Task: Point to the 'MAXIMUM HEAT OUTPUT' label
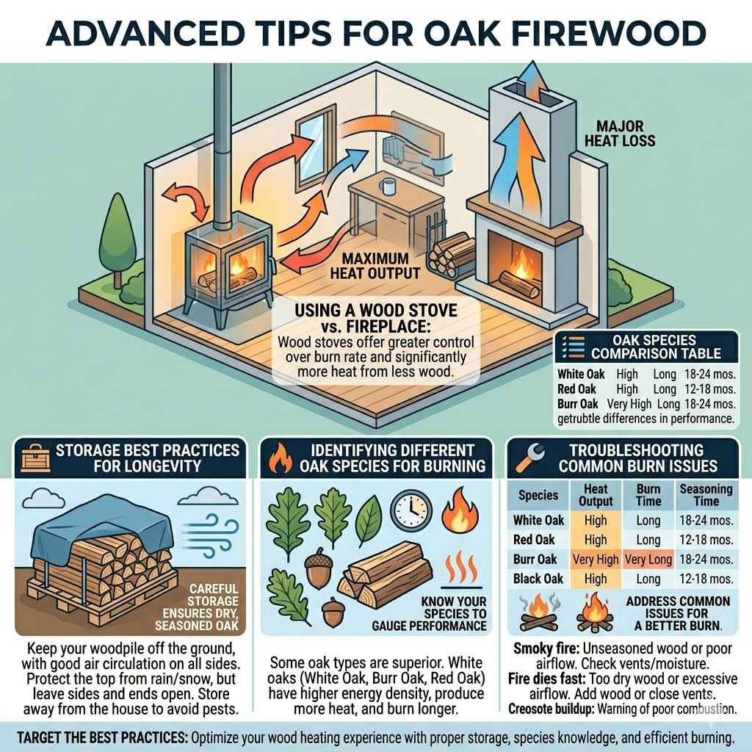click(x=378, y=267)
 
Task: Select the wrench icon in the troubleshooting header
click(x=527, y=457)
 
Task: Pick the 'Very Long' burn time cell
click(x=648, y=560)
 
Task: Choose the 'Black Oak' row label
click(x=538, y=579)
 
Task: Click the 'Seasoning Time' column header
click(x=706, y=495)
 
